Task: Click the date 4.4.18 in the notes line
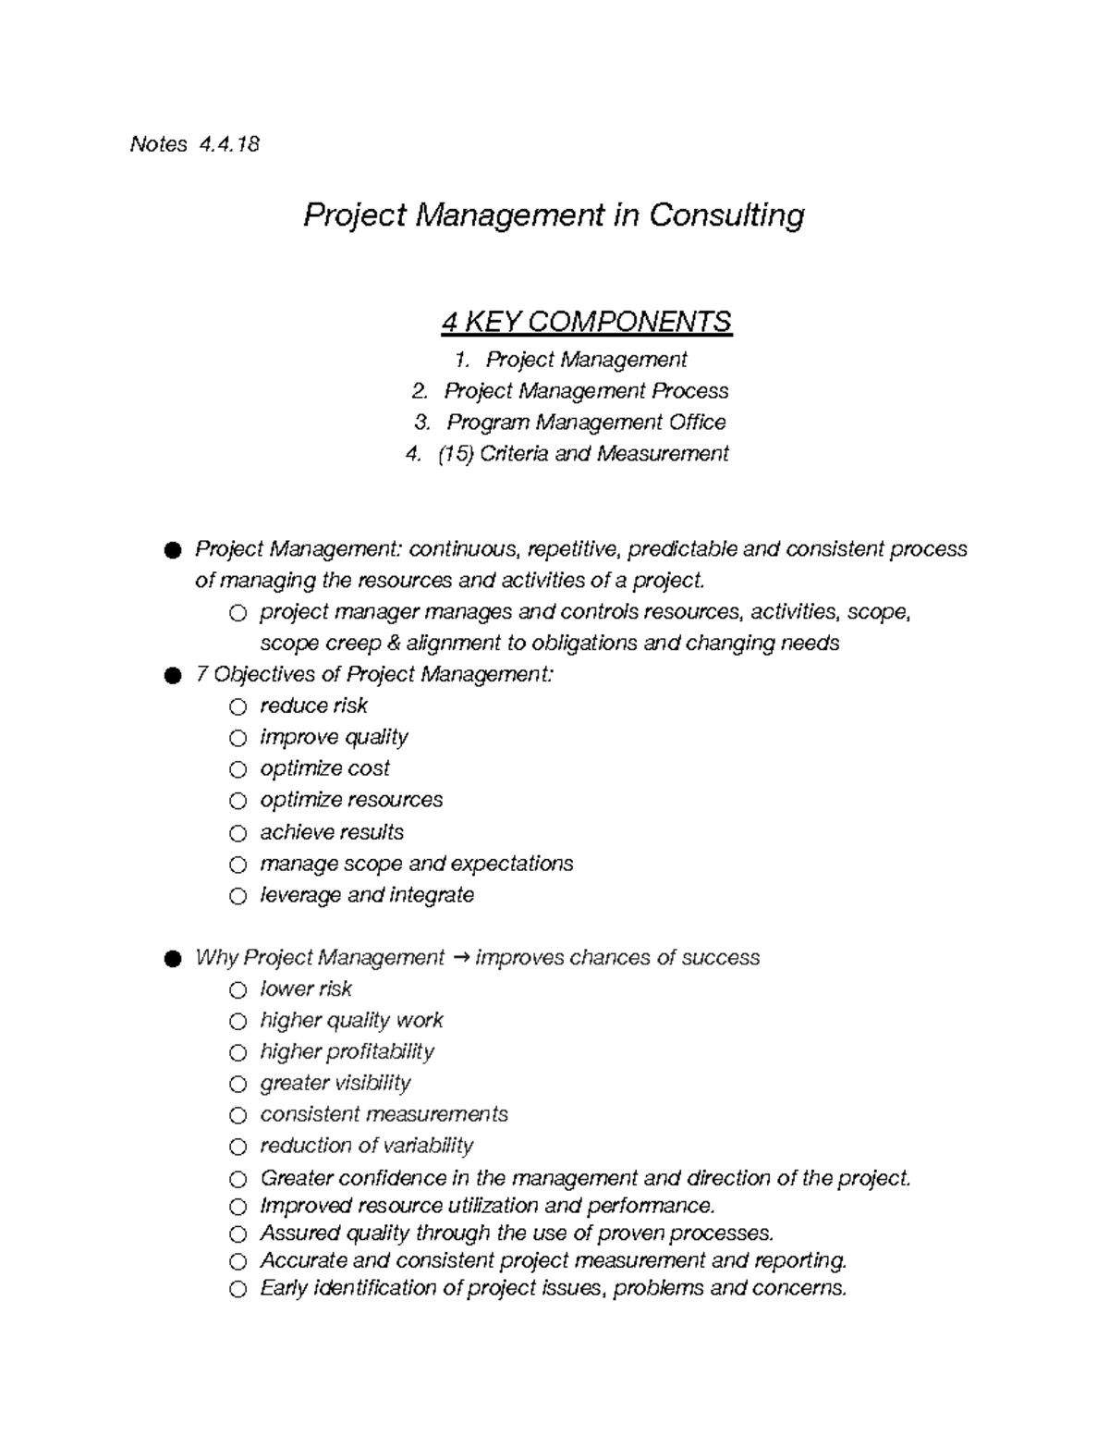(228, 144)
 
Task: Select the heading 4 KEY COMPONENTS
(586, 322)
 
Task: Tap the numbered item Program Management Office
(586, 423)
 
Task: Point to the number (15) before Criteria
(455, 454)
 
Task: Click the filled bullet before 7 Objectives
(172, 676)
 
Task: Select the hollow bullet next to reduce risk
(238, 707)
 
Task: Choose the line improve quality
(334, 738)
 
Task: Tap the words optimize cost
(324, 768)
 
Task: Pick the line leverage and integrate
(367, 895)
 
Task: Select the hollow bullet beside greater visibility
(238, 1084)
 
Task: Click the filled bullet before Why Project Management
(172, 959)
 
